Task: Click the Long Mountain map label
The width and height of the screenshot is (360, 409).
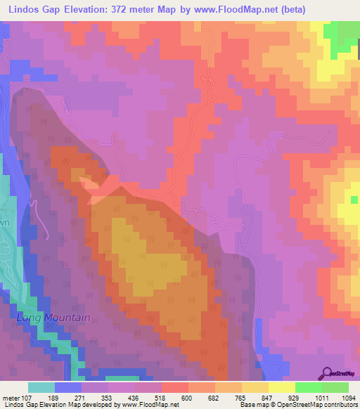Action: click(53, 318)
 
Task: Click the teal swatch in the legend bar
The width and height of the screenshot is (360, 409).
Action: click(41, 388)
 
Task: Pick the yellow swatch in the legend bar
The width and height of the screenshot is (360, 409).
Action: click(282, 388)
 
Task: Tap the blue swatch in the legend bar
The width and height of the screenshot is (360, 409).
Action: click(68, 388)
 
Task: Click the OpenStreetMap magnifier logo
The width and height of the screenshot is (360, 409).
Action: click(326, 372)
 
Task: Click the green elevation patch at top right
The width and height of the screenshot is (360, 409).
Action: click(343, 33)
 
